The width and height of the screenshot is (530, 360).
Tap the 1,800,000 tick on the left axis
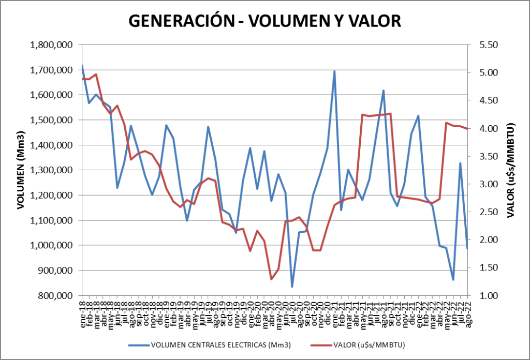coord(51,45)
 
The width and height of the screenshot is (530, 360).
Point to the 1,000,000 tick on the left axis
coord(51,245)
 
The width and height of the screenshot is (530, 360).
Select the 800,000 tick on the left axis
coord(55,295)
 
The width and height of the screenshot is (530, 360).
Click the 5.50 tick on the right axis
coord(487,45)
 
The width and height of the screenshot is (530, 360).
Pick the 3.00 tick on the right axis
coord(487,184)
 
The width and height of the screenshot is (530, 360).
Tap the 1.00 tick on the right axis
coord(487,295)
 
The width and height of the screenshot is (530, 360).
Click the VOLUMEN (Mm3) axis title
coord(21,170)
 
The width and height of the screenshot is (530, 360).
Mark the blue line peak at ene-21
coord(334,71)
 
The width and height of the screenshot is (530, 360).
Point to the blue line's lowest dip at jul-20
coord(292,287)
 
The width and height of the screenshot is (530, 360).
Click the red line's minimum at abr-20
coord(271,279)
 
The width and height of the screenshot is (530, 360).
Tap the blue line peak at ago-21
coord(384,91)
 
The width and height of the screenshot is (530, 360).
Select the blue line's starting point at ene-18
coord(83,66)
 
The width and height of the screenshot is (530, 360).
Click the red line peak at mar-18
coord(96,74)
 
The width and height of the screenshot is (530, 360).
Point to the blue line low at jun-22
coord(453,280)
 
